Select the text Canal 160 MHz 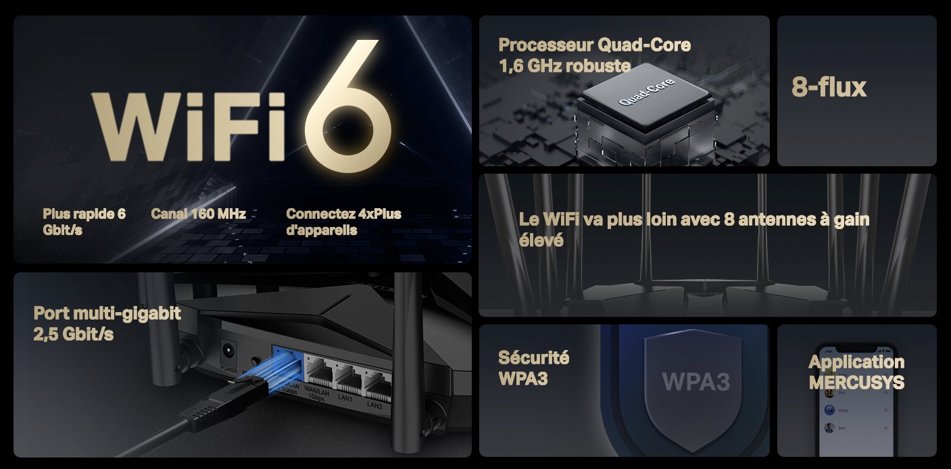(197, 214)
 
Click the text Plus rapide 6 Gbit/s (84, 222)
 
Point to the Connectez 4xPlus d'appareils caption (343, 222)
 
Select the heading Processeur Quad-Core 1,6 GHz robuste (594, 55)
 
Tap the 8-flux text (829, 87)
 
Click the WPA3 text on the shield (696, 381)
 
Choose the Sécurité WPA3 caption (533, 368)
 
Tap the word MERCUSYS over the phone (856, 382)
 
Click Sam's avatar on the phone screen (829, 428)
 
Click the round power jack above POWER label (228, 351)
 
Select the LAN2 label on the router (375, 405)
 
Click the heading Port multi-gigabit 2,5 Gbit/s (107, 323)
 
